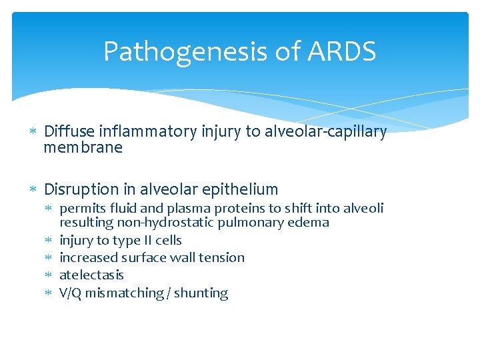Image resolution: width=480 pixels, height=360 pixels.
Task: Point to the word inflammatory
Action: [145, 132]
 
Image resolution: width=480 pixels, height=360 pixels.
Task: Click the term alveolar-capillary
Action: [325, 132]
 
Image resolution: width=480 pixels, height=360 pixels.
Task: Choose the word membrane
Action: [83, 148]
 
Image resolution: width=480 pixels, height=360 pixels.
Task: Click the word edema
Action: [311, 223]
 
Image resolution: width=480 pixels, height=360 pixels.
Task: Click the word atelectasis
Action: [91, 275]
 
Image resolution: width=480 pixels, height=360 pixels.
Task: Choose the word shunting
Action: [201, 293]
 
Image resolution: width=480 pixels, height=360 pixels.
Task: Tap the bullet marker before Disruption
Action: [32, 189]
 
